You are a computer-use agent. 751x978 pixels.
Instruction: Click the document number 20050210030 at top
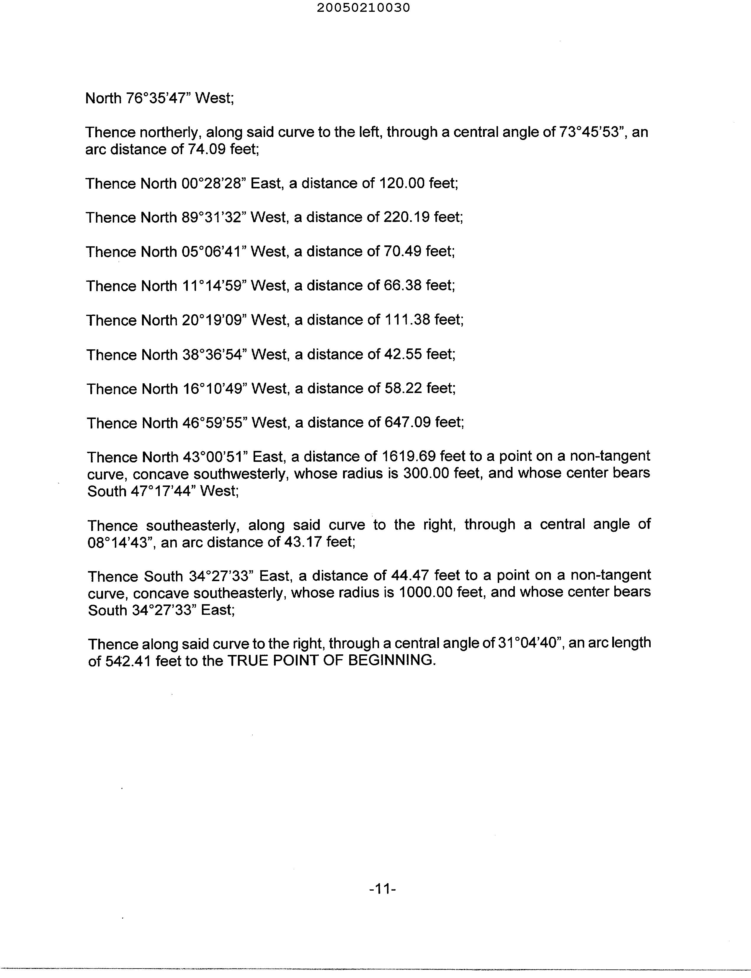[363, 8]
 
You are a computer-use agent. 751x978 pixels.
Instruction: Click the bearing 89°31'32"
[214, 217]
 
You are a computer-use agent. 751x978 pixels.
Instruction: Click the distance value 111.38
[407, 320]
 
